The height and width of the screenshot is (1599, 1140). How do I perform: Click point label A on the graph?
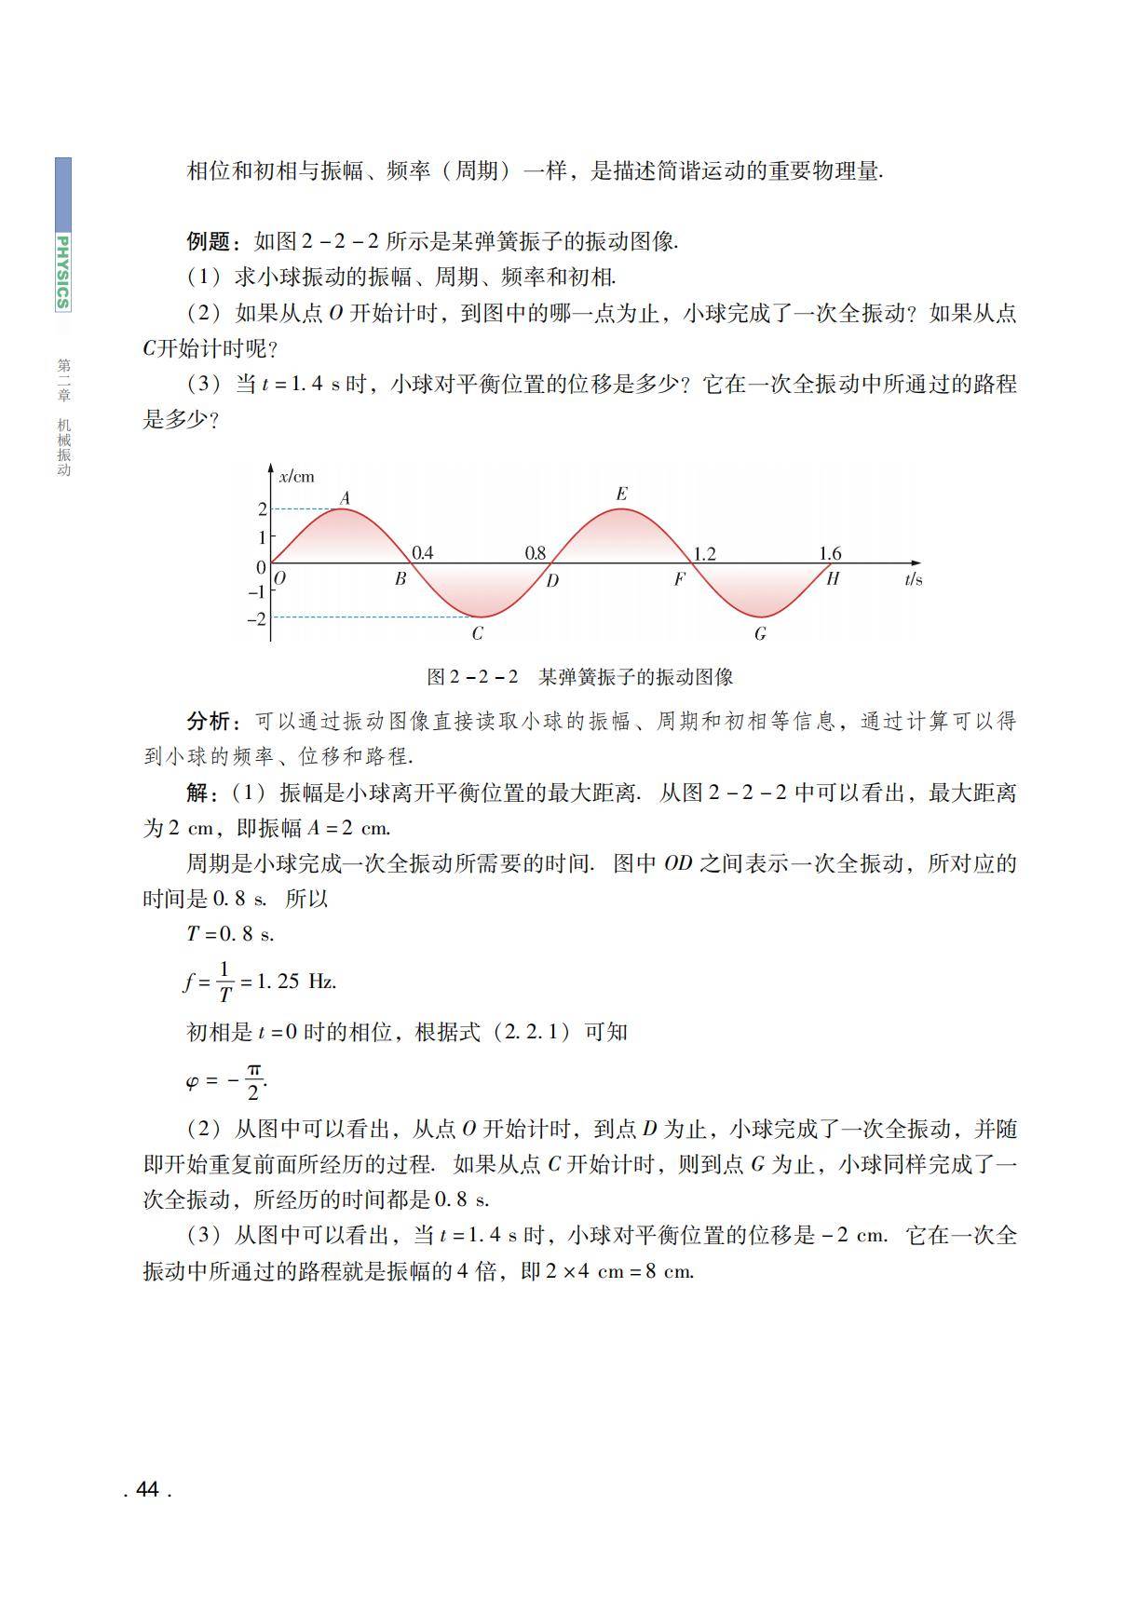tap(345, 498)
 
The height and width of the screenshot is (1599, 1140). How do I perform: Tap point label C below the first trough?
tap(477, 634)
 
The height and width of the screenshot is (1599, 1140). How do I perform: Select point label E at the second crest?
tap(622, 494)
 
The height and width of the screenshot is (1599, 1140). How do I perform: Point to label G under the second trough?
tap(760, 634)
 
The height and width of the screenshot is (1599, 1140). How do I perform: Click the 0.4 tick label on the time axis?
tap(422, 553)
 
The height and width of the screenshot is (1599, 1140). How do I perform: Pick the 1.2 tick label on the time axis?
tap(704, 554)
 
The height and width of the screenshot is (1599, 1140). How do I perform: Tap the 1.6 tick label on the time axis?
tap(830, 554)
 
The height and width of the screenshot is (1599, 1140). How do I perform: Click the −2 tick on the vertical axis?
tap(255, 618)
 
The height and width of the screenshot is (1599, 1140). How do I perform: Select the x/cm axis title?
tap(297, 477)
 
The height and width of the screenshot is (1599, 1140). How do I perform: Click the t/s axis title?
tap(913, 579)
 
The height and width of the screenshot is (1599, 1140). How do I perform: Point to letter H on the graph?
tap(833, 578)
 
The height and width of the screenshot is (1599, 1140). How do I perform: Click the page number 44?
tap(147, 1489)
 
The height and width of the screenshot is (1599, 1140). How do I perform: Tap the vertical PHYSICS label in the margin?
tap(62, 271)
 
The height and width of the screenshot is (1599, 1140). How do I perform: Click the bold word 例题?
tap(208, 242)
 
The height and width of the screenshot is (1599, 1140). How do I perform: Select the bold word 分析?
tap(208, 721)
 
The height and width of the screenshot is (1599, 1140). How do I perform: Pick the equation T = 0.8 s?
tap(230, 934)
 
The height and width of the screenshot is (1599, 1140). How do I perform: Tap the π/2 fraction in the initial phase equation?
tap(252, 1081)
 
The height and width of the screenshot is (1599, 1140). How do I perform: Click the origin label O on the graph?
tap(280, 578)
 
